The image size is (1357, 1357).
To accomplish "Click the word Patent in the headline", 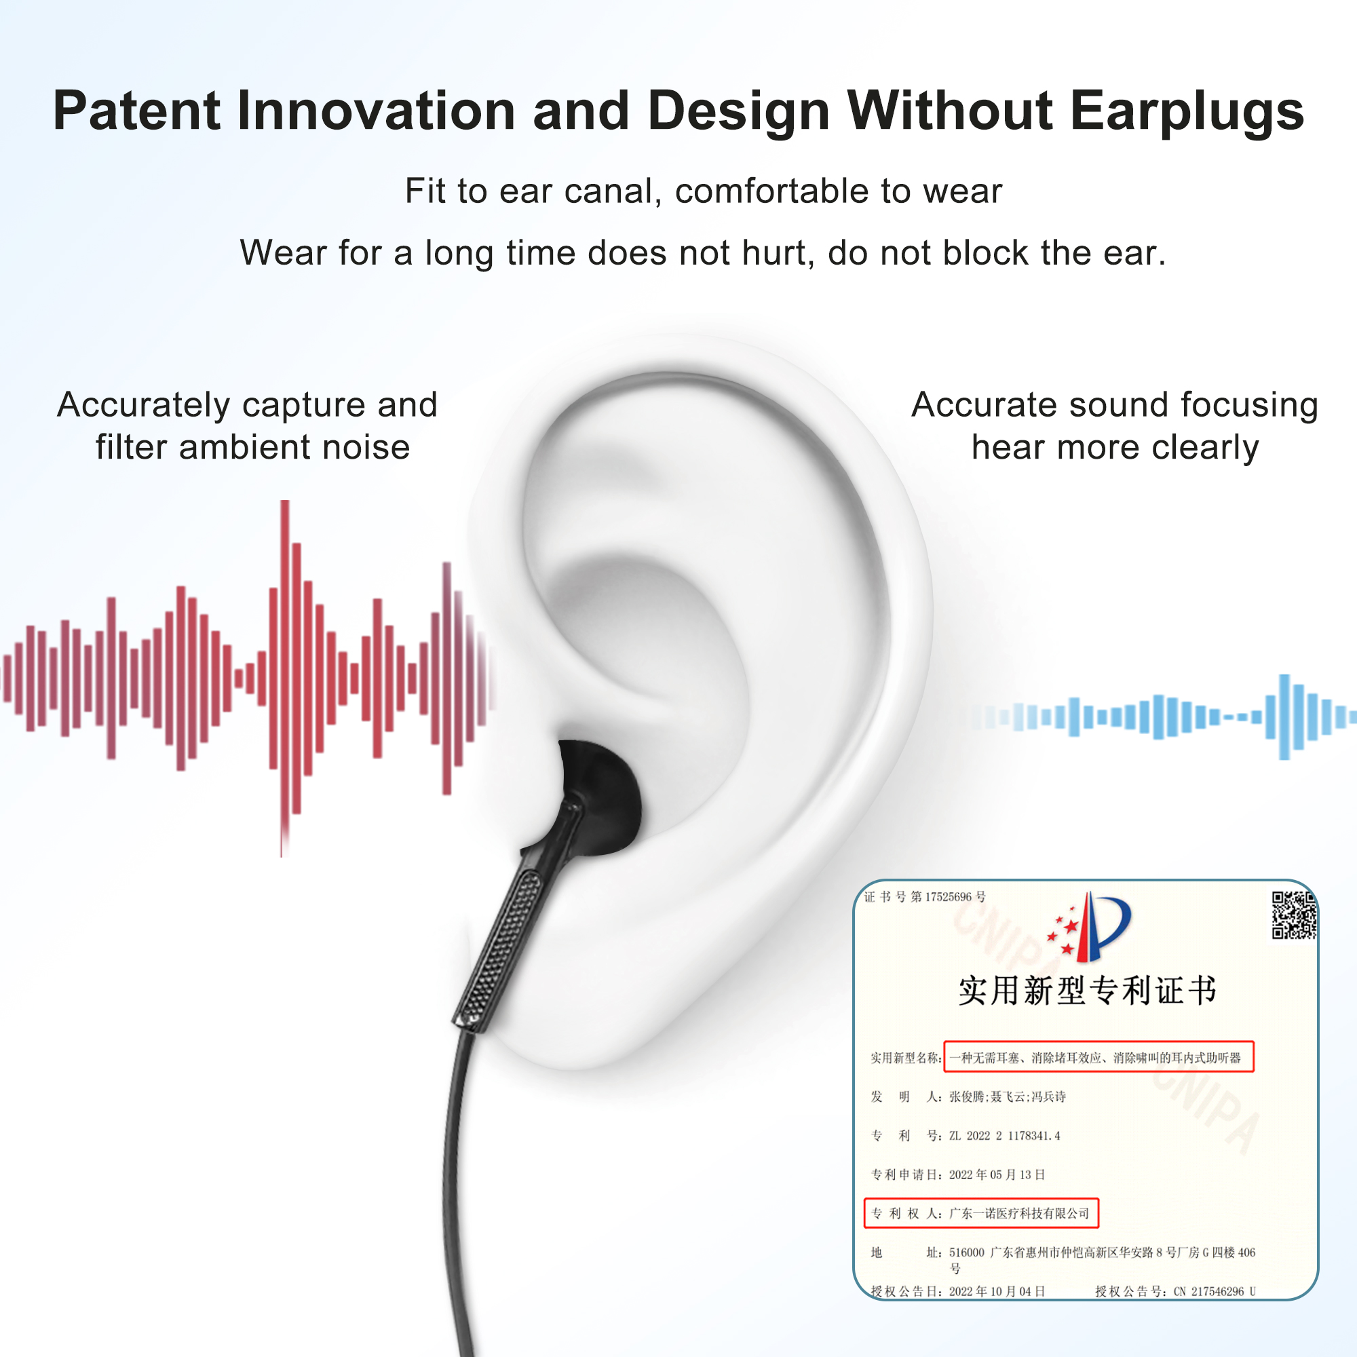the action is click(138, 111).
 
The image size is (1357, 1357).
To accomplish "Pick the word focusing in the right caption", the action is click(1249, 406).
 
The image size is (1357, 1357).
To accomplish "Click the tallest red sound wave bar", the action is click(284, 678).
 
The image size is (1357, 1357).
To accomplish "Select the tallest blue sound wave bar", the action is click(1284, 716).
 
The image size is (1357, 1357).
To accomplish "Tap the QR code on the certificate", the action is click(1294, 915).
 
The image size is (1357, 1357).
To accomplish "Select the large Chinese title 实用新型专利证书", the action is click(1087, 991).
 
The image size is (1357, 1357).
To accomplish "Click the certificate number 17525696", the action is click(949, 897).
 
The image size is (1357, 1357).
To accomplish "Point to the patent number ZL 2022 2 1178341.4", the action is click(1004, 1136).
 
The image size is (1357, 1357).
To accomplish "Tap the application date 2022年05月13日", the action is click(997, 1174).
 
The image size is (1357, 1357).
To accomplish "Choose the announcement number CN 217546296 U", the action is click(1215, 1292).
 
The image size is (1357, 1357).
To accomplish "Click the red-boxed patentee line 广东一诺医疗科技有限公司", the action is click(981, 1213).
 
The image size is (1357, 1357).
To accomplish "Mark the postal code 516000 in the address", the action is click(966, 1253).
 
